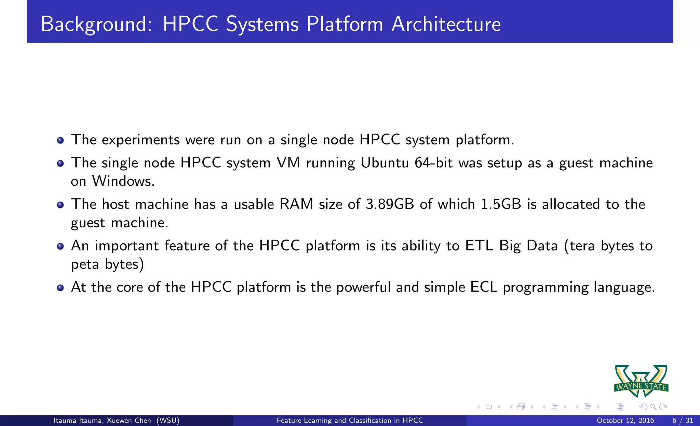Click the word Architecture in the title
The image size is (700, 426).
coord(446,24)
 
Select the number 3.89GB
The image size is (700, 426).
coord(390,204)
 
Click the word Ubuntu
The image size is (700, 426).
coord(385,163)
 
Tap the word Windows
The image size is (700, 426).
coord(123,181)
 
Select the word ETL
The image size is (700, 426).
coord(479,246)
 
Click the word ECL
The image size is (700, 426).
coord(484,287)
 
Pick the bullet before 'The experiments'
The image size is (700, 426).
coord(60,141)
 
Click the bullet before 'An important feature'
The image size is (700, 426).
coord(60,246)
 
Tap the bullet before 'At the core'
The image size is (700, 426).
coord(60,288)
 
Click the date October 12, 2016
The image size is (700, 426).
coord(625,421)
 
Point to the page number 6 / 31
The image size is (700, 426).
coord(683,421)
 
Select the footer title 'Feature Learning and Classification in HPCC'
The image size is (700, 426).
coord(350,421)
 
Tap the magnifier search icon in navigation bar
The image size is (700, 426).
coord(653,407)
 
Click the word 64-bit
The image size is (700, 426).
coord(434,163)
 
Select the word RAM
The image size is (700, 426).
coord(296,204)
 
